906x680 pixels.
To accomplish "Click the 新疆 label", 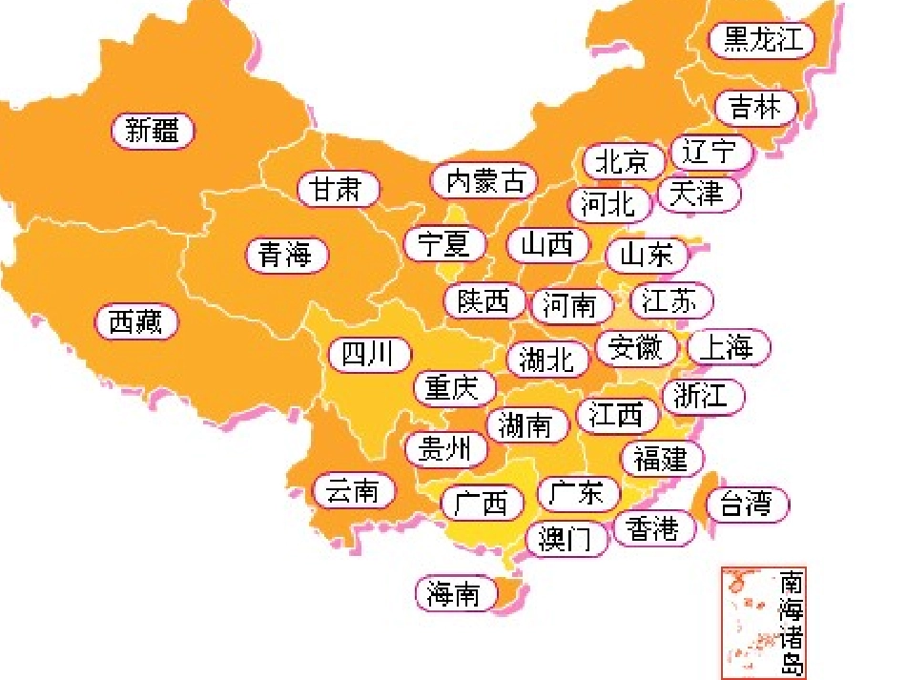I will pyautogui.click(x=153, y=131).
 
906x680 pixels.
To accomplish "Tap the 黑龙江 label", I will pyautogui.click(x=762, y=39).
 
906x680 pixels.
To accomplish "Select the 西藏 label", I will pyautogui.click(x=136, y=322).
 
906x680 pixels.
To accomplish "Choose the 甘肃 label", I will pyautogui.click(x=339, y=189).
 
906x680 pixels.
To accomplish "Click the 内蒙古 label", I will pyautogui.click(x=485, y=180).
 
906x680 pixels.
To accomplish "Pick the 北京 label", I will pyautogui.click(x=622, y=161).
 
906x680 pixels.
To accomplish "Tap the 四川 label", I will pyautogui.click(x=369, y=355).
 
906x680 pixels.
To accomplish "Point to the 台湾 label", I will pyautogui.click(x=747, y=504).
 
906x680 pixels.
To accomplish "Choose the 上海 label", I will pyautogui.click(x=727, y=348).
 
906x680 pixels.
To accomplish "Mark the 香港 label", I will pyautogui.click(x=654, y=527).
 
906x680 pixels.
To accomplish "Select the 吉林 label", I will pyautogui.click(x=755, y=107).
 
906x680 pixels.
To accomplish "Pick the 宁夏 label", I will pyautogui.click(x=444, y=244).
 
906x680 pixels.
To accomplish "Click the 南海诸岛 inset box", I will pyautogui.click(x=764, y=621).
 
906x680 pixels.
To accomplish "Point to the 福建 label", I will pyautogui.click(x=661, y=459).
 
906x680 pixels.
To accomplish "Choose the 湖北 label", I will pyautogui.click(x=548, y=359).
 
